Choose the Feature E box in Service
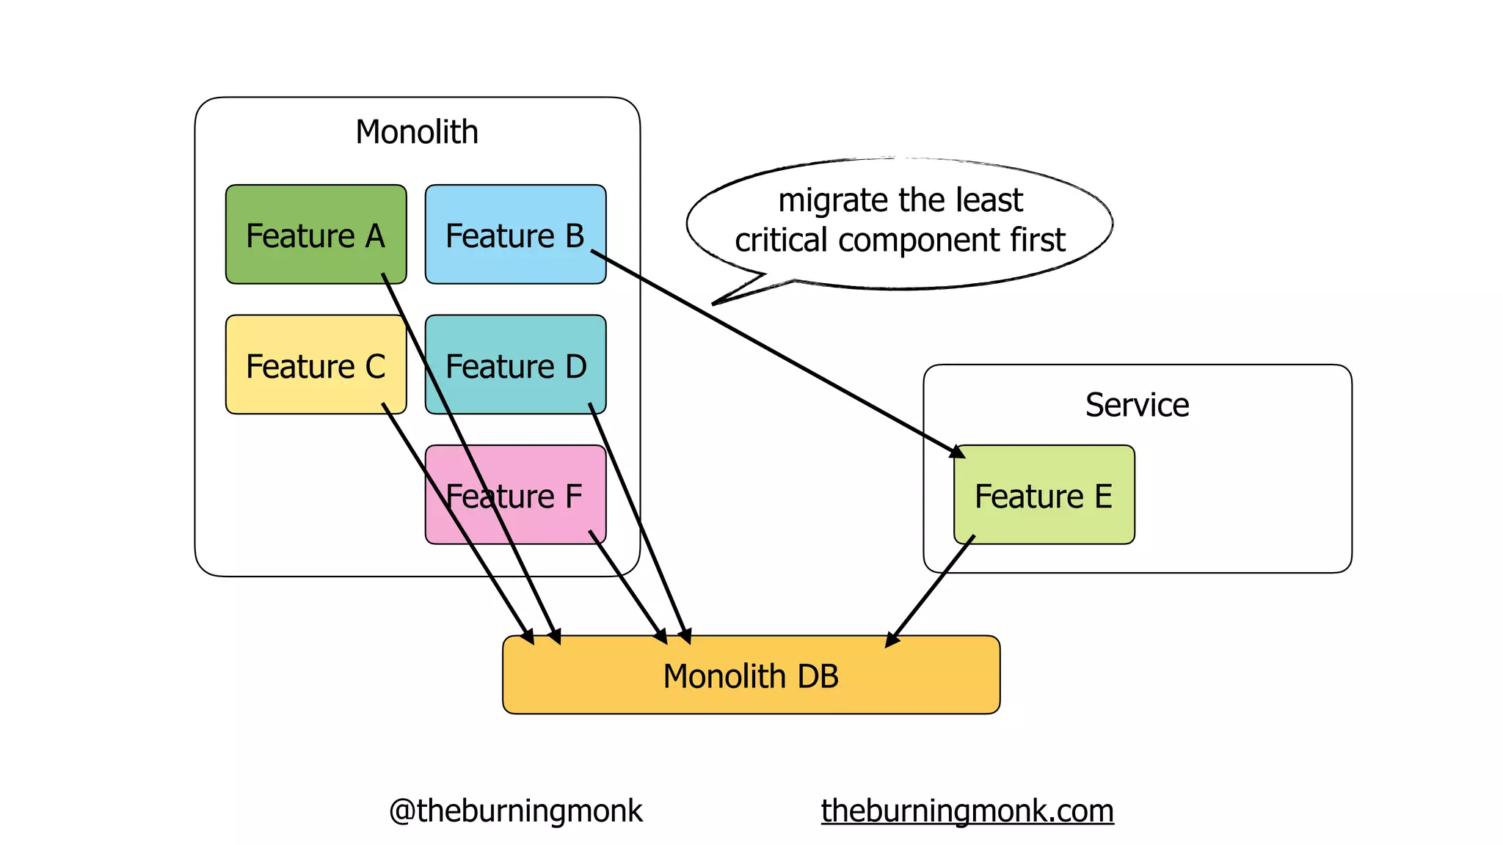click(x=1044, y=496)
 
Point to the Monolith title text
click(x=417, y=133)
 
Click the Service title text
click(x=1137, y=405)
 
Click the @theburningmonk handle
click(x=515, y=811)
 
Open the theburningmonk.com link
click(x=967, y=811)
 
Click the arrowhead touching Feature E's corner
click(x=958, y=452)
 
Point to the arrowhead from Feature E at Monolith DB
click(x=891, y=640)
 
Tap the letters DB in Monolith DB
click(x=818, y=676)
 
